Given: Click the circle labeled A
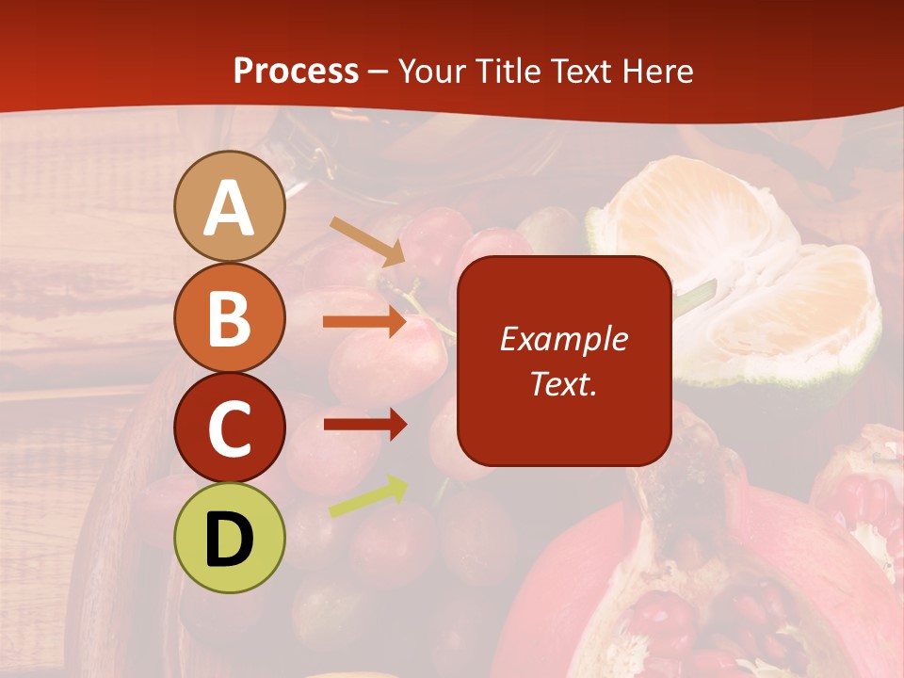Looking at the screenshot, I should tap(229, 206).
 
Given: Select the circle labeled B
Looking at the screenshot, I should tap(229, 317).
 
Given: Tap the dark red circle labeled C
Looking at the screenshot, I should tap(229, 428).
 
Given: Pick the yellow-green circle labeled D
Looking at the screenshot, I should tap(229, 538).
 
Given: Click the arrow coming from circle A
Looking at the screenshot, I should tap(366, 240).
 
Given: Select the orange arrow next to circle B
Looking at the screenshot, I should tap(364, 322).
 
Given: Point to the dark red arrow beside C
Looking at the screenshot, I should tap(364, 424).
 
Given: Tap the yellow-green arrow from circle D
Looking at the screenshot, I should tap(368, 496).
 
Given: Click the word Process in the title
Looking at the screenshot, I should tap(296, 71).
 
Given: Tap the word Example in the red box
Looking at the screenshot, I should tap(563, 339).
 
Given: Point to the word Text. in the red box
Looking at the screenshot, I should tap(563, 383).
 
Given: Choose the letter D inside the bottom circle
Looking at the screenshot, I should tap(229, 539).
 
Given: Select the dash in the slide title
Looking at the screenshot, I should tap(379, 72).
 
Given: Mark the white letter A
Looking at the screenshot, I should tap(229, 207).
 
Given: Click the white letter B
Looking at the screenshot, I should tap(229, 318).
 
